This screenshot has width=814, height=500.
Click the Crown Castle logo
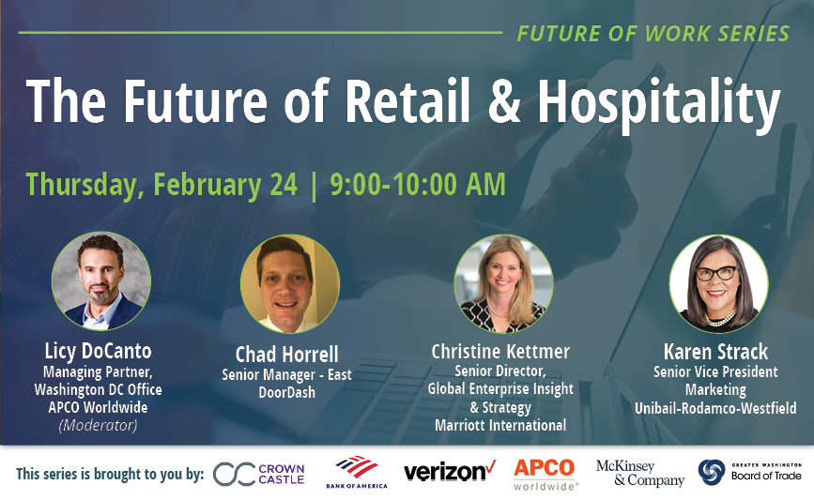click(258, 474)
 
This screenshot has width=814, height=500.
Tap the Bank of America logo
click(357, 472)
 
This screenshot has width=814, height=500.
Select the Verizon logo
click(450, 471)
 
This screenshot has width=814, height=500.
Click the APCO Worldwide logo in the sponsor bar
click(545, 474)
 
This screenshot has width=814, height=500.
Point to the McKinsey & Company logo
click(640, 473)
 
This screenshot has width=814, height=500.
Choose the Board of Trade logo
click(750, 472)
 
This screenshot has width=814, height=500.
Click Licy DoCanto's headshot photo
click(101, 281)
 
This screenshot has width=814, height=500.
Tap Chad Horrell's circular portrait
click(290, 283)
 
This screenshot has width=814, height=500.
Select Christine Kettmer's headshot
click(503, 283)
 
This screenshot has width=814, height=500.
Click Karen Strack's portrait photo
click(718, 283)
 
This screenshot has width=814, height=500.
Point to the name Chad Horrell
click(286, 355)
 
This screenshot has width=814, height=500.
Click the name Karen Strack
click(715, 352)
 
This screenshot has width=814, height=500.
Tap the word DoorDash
click(286, 392)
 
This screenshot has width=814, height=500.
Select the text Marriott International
click(500, 425)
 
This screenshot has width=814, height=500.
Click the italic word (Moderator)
click(99, 425)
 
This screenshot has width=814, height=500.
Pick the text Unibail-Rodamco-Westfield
click(715, 408)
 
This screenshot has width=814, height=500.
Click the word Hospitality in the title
click(659, 102)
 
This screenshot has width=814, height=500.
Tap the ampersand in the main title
click(504, 100)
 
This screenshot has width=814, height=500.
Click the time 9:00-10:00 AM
click(418, 185)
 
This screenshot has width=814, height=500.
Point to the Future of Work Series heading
click(653, 34)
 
